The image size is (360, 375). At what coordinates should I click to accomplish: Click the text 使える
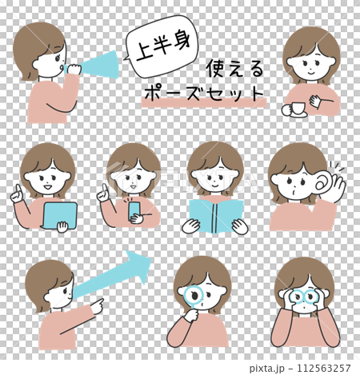pyautogui.click(x=234, y=68)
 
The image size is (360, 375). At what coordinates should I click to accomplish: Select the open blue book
pyautogui.click(x=215, y=214)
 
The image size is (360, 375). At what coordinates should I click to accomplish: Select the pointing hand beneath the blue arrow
pyautogui.click(x=94, y=305)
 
